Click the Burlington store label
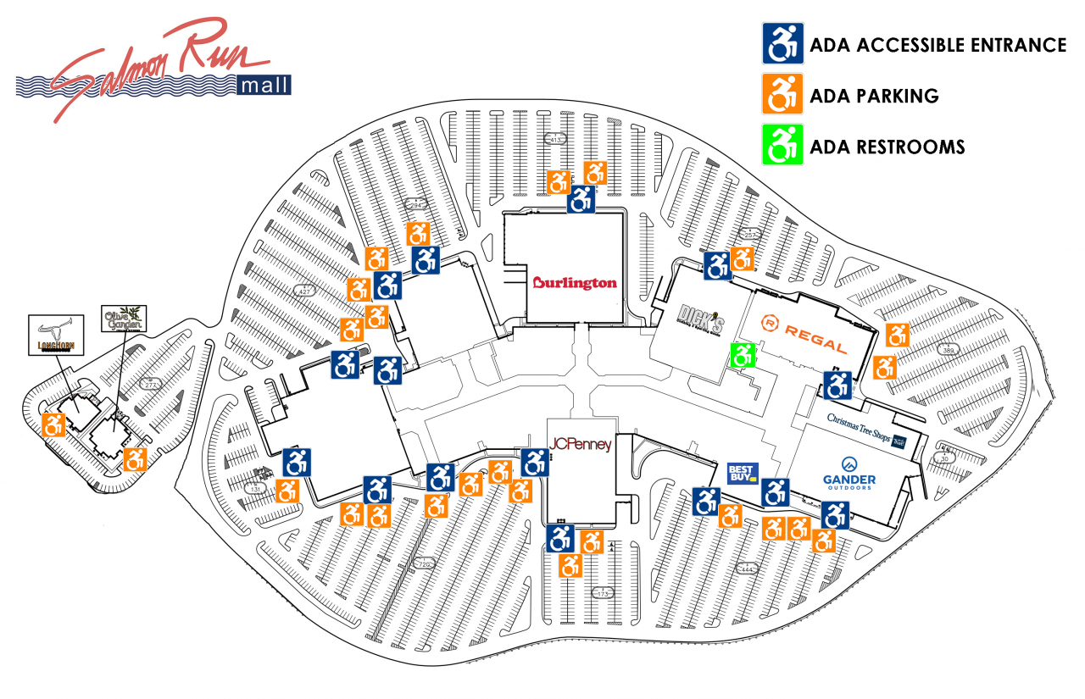click(575, 282)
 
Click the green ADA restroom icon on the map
click(743, 355)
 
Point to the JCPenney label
click(581, 444)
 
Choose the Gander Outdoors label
click(847, 474)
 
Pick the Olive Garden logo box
click(124, 319)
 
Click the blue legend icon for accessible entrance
click(782, 44)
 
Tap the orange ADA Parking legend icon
click(782, 95)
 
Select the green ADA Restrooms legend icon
click(782, 145)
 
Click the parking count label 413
click(557, 138)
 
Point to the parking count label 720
click(424, 563)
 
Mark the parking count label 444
click(747, 569)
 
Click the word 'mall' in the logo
click(264, 85)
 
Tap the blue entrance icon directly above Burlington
click(581, 202)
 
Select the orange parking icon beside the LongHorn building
click(54, 424)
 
